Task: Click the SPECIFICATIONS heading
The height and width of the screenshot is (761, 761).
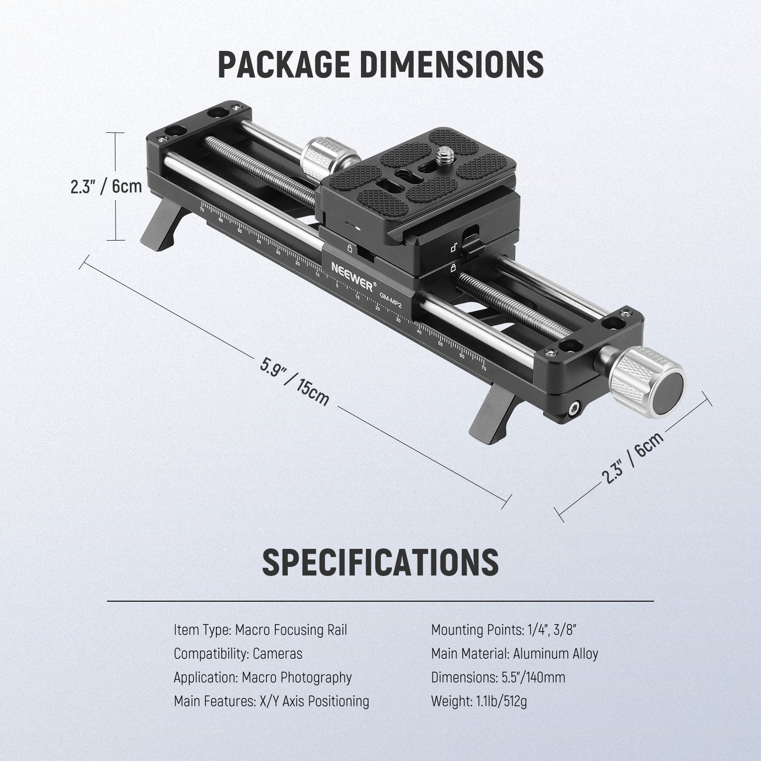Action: point(380,562)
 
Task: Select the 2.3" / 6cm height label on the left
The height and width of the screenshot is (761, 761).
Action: point(106,186)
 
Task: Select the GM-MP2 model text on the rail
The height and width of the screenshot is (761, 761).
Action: point(390,301)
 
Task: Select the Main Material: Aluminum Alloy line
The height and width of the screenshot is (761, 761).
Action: point(514,654)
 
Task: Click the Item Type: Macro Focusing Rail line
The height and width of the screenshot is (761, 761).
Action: point(260,630)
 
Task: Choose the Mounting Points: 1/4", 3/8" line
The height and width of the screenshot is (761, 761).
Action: point(504,630)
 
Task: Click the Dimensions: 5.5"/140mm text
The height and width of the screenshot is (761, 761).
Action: point(498,677)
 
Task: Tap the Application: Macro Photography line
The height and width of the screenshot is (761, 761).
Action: point(263,677)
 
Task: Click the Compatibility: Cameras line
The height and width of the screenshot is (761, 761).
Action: point(238,654)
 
